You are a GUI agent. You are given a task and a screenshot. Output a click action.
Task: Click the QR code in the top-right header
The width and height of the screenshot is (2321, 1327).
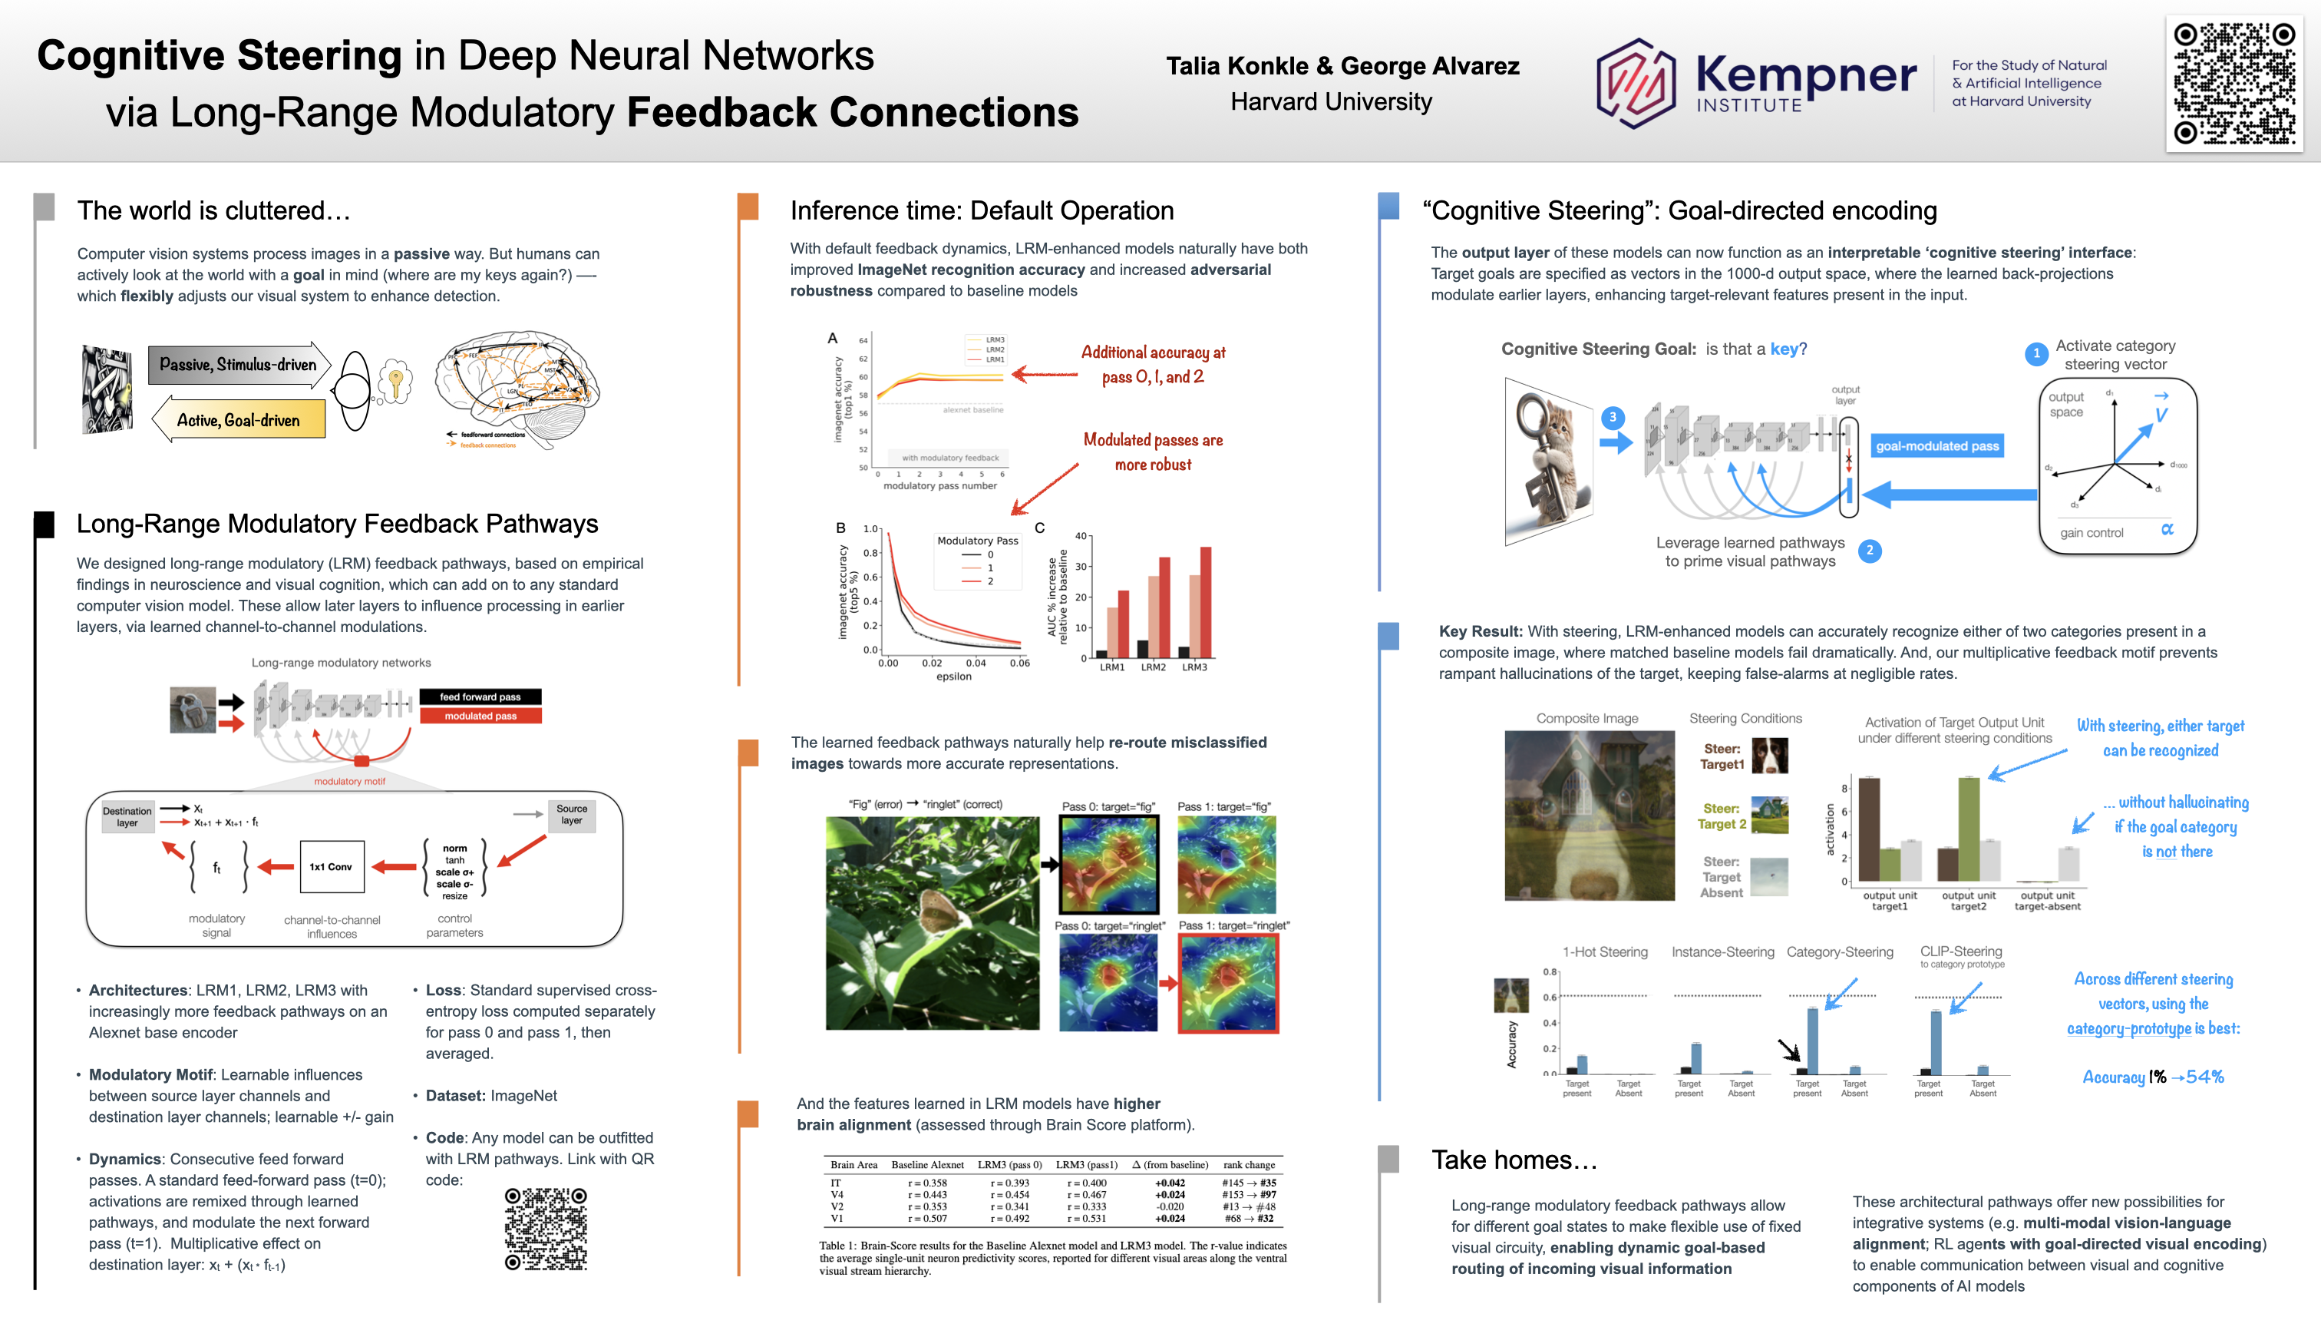click(2234, 83)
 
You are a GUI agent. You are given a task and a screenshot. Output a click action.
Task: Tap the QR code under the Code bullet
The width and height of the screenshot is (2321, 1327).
click(546, 1228)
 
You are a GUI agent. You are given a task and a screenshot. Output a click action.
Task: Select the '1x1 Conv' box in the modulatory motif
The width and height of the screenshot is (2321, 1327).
click(331, 867)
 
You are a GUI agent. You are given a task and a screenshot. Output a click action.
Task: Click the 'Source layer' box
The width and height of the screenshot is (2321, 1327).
click(571, 815)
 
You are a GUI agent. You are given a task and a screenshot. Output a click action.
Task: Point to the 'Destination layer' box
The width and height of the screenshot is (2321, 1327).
click(127, 816)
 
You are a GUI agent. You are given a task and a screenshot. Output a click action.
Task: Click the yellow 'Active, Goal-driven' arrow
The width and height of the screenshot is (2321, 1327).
click(239, 420)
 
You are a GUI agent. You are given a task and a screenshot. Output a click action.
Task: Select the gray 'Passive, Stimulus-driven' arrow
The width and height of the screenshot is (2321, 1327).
click(239, 365)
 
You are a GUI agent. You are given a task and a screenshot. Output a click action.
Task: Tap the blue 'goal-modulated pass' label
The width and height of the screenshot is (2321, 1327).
click(1936, 445)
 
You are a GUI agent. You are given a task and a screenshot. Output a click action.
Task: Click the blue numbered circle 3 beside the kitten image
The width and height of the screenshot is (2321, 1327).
click(1613, 418)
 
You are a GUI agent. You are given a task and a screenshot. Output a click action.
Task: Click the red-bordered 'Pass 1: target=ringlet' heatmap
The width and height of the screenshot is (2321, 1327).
click(1228, 984)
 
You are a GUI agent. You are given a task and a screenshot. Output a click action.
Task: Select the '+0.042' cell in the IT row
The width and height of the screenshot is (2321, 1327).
click(1170, 1183)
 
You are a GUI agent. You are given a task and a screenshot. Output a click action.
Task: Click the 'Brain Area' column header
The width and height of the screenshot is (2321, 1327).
click(853, 1165)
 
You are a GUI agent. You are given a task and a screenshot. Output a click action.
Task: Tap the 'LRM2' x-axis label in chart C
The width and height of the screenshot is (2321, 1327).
click(1154, 667)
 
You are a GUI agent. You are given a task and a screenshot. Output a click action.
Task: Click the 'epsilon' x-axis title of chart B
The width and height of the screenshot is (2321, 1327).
click(954, 677)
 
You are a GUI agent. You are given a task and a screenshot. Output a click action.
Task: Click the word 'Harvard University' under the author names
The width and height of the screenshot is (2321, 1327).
click(1331, 102)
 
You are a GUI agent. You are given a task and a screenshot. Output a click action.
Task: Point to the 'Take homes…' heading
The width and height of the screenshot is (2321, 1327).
click(1514, 1160)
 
